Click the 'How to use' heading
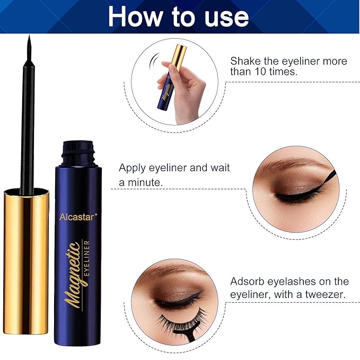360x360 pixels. (179, 16)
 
